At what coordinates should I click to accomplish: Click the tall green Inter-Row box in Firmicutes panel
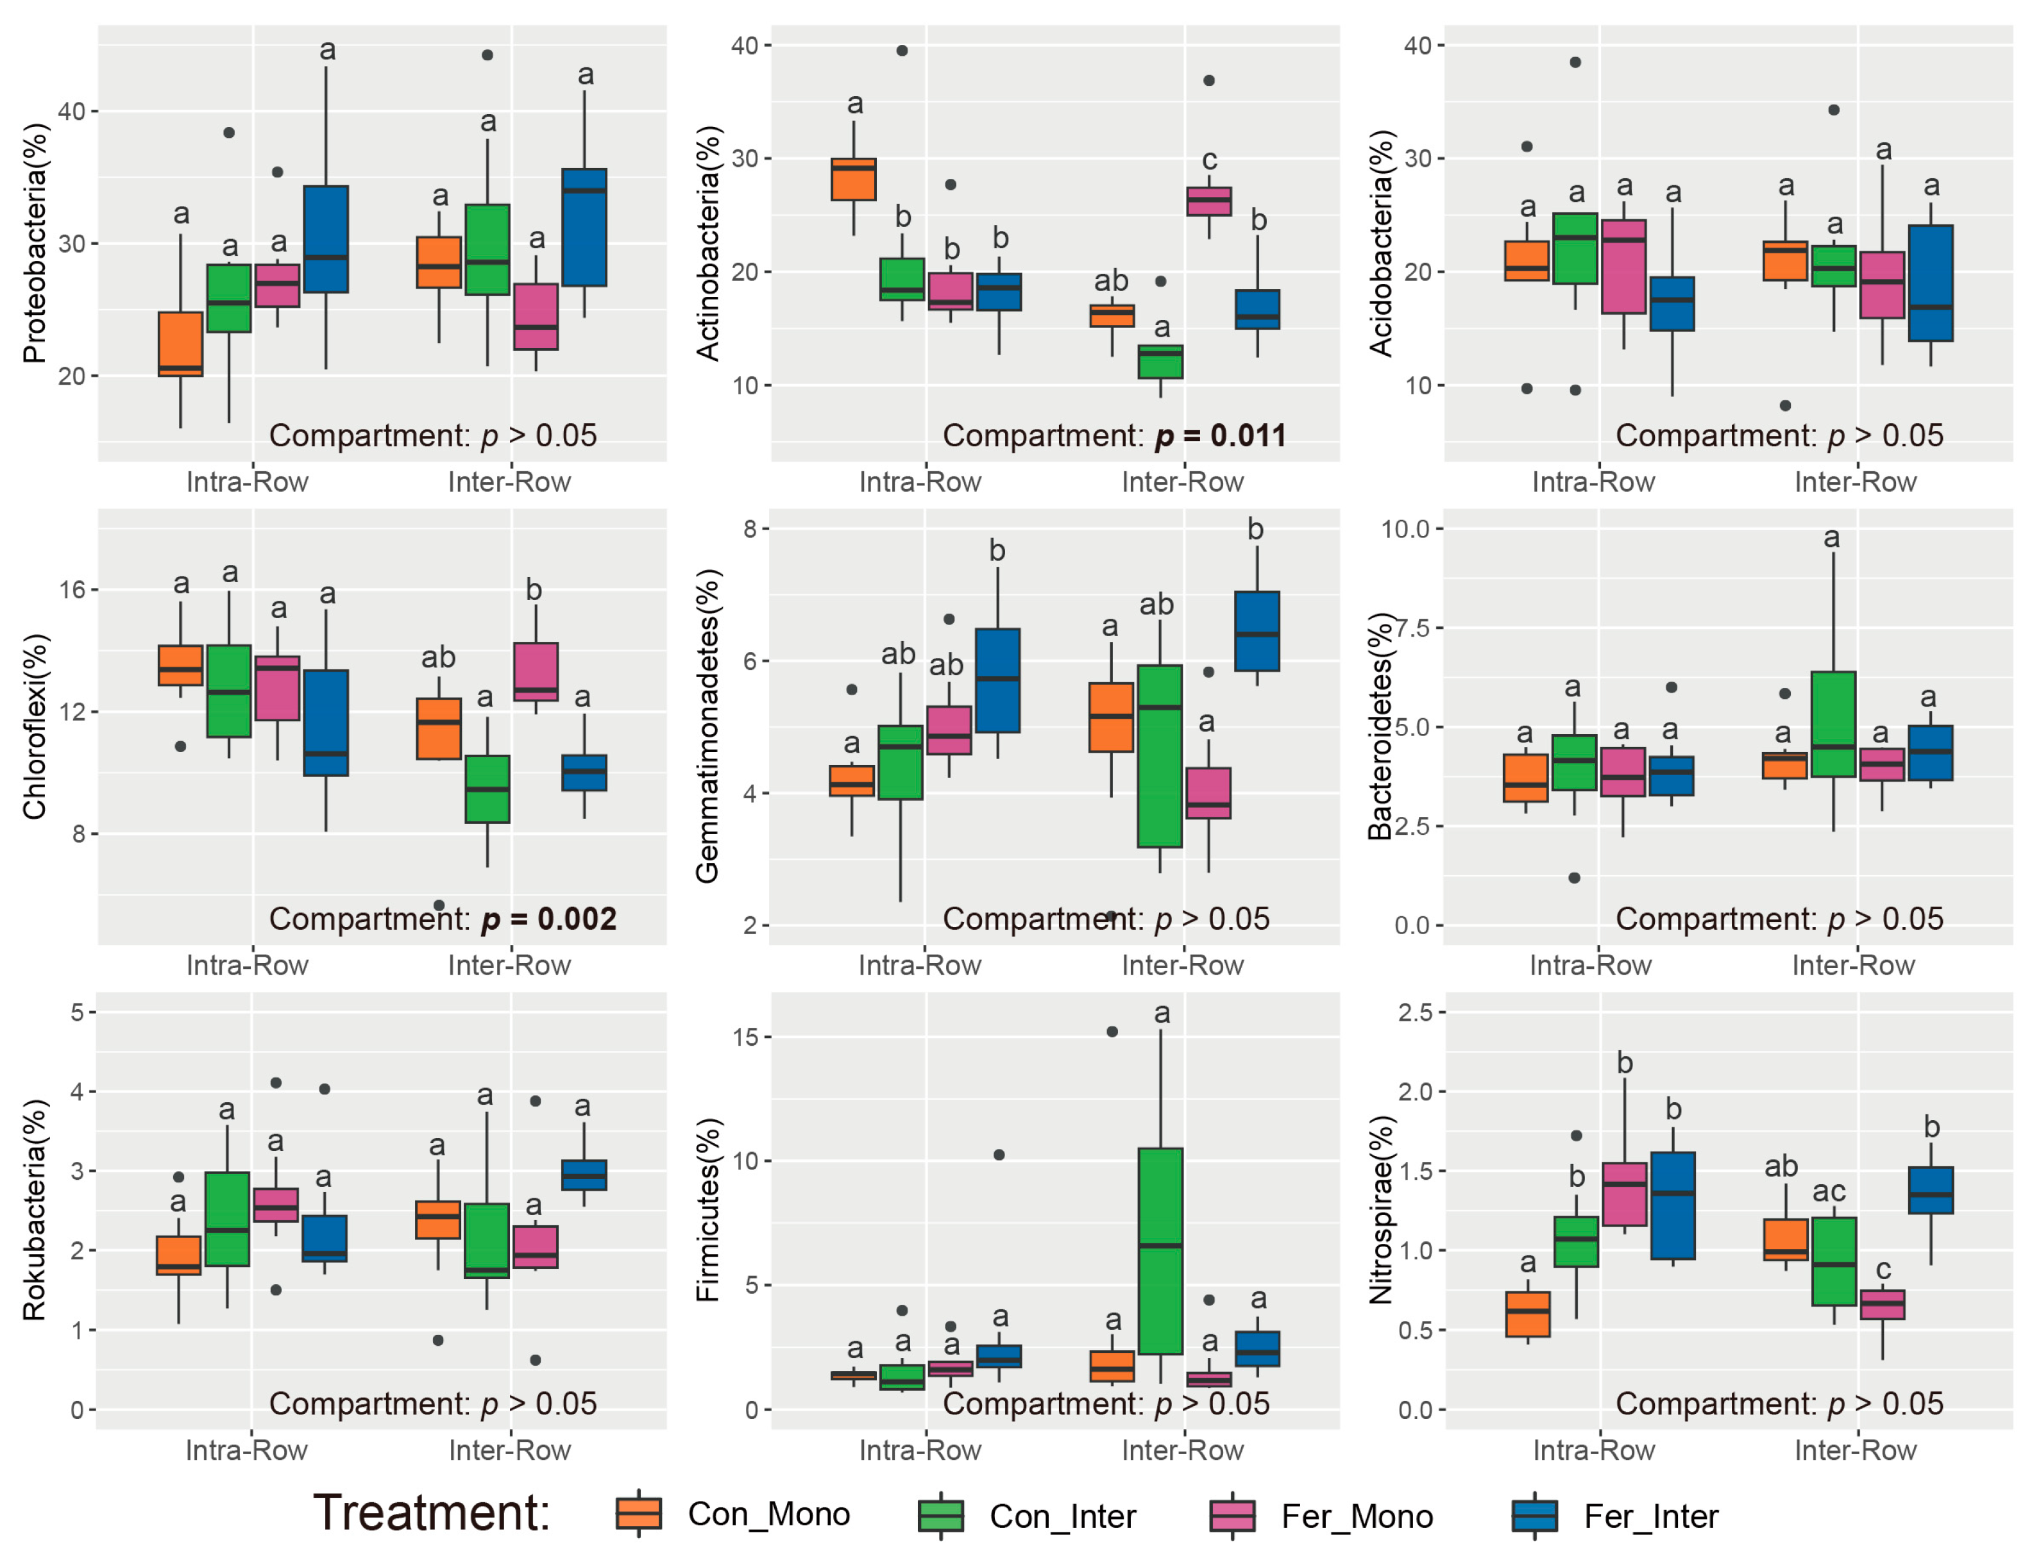1160,1251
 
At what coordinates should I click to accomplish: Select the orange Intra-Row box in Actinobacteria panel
854,179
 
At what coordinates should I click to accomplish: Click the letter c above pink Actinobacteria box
1209,160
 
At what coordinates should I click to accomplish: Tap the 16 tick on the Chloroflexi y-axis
73,589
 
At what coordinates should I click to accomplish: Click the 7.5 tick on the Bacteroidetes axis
1410,628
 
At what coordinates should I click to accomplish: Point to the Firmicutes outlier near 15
1112,1031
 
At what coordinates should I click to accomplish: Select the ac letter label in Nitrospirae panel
1828,1191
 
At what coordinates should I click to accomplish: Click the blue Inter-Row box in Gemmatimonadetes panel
1257,632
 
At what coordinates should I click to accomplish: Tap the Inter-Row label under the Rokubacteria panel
509,1450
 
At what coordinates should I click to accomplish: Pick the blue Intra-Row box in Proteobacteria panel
326,239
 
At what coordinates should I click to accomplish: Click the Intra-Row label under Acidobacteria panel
1593,482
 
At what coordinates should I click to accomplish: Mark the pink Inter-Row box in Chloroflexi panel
536,671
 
